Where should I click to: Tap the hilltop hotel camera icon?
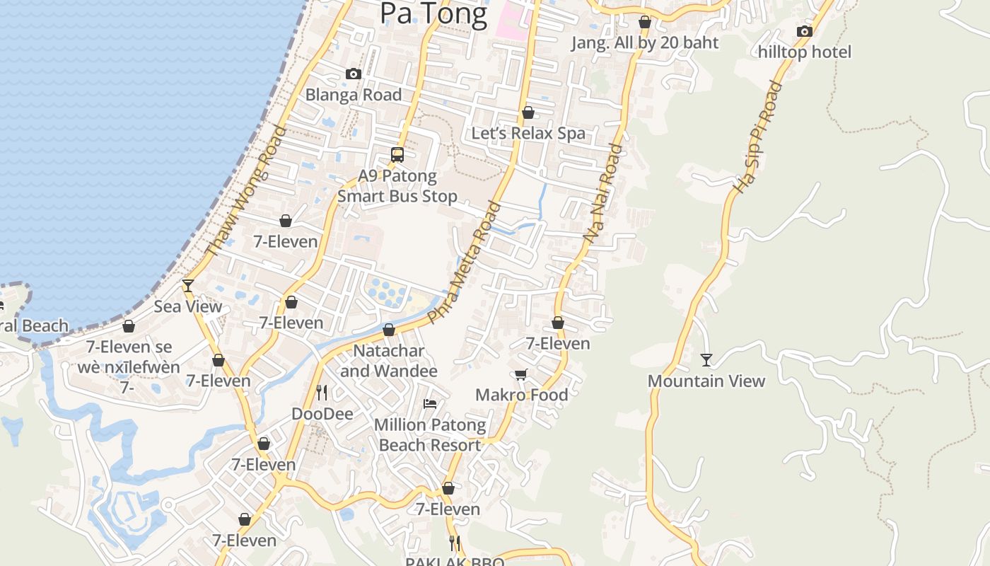(804, 31)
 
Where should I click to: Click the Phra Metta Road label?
(464, 262)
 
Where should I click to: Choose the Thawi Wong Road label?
(245, 190)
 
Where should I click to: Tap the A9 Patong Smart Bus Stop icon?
(397, 154)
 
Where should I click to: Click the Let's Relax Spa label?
(528, 133)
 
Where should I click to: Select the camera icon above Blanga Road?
(353, 74)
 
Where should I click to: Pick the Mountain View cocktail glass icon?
(706, 360)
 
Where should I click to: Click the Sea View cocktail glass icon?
(187, 285)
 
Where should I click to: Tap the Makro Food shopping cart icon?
(521, 374)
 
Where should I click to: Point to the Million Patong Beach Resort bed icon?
(429, 404)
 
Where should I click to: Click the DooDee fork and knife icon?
(322, 392)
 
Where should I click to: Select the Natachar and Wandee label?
(389, 361)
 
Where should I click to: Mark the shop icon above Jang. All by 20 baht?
(644, 23)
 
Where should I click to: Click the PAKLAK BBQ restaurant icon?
(455, 543)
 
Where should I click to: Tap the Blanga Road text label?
(353, 95)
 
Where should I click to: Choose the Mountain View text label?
(706, 381)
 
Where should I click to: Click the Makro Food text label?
(521, 395)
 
